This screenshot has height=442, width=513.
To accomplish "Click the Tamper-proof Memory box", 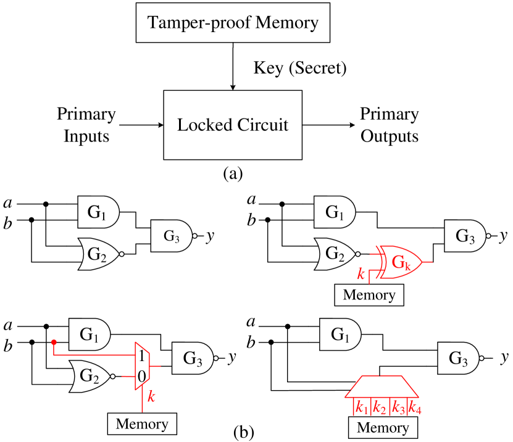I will (233, 23).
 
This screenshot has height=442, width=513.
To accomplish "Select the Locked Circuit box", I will (233, 125).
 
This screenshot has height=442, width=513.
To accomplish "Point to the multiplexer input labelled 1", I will (141, 356).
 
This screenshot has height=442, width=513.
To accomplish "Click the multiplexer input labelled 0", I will (141, 375).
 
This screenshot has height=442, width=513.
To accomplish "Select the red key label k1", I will (362, 408).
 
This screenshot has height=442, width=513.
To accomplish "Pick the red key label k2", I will (380, 408).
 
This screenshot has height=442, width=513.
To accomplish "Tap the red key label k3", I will (398, 408).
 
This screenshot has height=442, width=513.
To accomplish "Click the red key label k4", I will (415, 408).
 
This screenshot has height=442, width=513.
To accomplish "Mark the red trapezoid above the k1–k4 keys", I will (383, 386).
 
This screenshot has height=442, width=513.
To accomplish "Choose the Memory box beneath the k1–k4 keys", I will (383, 428).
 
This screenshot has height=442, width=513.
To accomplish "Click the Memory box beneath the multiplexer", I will (142, 424).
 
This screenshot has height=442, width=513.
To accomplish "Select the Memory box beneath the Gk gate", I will (369, 294).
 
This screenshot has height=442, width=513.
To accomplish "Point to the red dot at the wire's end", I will (54, 341).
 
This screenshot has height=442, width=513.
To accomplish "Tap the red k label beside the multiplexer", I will (151, 396).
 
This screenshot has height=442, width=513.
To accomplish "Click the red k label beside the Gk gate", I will (362, 273).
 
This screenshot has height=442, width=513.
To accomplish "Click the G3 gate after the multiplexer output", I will (193, 359).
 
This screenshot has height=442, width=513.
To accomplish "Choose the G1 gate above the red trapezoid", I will (340, 335).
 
